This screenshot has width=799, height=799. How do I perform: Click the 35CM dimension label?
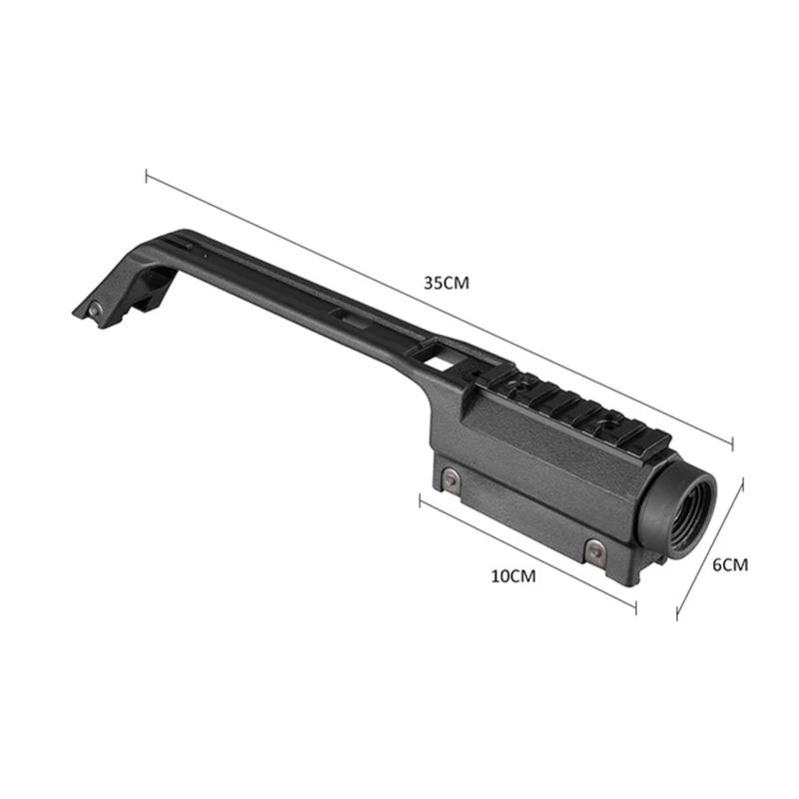click(446, 283)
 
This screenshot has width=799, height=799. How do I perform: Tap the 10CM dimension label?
click(513, 576)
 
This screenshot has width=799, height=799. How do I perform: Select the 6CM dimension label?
click(730, 565)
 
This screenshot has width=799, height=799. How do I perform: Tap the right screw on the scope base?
click(593, 549)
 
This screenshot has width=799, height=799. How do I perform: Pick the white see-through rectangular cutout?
click(437, 363)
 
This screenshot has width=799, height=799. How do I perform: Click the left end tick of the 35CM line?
click(147, 177)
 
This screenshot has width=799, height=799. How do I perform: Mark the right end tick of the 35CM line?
click(732, 443)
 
